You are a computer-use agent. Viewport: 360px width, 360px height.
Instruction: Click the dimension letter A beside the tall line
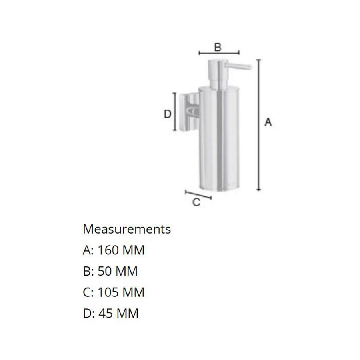pyautogui.click(x=268, y=122)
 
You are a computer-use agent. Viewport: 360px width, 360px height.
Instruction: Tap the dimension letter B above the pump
pyautogui.click(x=217, y=47)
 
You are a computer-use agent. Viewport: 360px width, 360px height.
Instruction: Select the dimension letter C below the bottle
pyautogui.click(x=196, y=202)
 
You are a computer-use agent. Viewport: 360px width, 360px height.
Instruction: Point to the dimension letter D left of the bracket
pyautogui.click(x=168, y=114)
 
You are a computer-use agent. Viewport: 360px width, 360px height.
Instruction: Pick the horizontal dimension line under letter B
pyautogui.click(x=219, y=52)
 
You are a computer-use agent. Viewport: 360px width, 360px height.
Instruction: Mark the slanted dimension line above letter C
pyautogui.click(x=198, y=195)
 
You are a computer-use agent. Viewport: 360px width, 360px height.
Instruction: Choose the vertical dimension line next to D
pyautogui.click(x=174, y=112)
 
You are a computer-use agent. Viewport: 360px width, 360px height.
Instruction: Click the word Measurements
pyautogui.click(x=127, y=229)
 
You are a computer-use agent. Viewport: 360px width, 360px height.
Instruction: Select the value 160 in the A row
pyautogui.click(x=108, y=250)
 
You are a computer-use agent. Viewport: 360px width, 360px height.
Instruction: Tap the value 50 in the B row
pyautogui.click(x=105, y=271)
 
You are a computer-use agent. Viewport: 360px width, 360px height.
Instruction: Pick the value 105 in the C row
pyautogui.click(x=108, y=292)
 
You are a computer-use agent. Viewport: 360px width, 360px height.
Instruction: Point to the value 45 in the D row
pyautogui.click(x=105, y=313)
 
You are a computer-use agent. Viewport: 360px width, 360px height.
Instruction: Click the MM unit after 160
pyautogui.click(x=133, y=250)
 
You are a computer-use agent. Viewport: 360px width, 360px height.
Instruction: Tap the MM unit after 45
pyautogui.click(x=127, y=313)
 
